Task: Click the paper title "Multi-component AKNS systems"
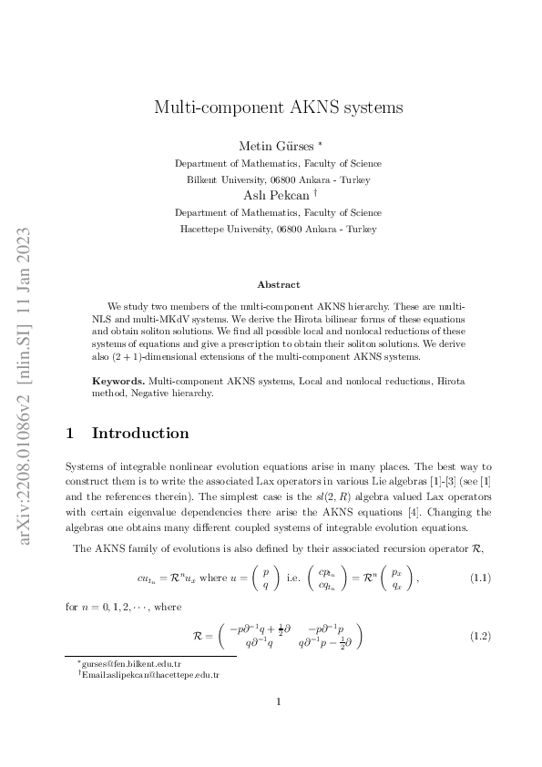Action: pyautogui.click(x=277, y=107)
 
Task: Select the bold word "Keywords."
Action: pyautogui.click(x=118, y=380)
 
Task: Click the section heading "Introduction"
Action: pyautogui.click(x=140, y=433)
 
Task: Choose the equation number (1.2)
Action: pyautogui.click(x=480, y=635)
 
